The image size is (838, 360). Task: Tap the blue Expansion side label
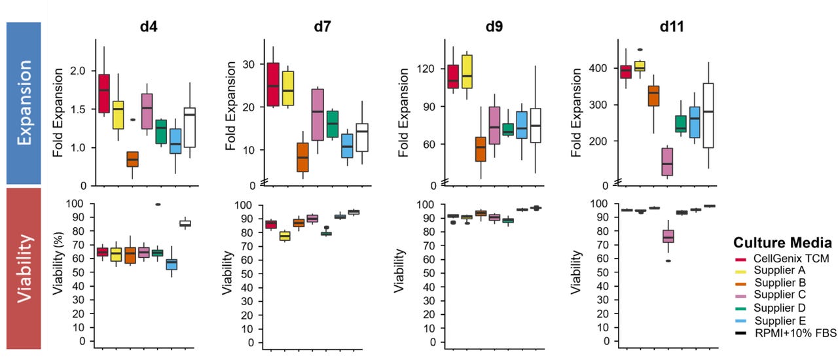(24, 103)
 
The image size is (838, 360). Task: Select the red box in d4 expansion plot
(103, 94)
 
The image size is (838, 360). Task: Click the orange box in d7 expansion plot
(284, 157)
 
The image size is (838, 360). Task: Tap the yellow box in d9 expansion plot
(467, 71)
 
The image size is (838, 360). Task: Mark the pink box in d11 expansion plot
(668, 161)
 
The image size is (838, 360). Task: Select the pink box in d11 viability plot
(668, 236)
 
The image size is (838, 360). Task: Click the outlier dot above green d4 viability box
(158, 204)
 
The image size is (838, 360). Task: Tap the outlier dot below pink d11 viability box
(668, 261)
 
